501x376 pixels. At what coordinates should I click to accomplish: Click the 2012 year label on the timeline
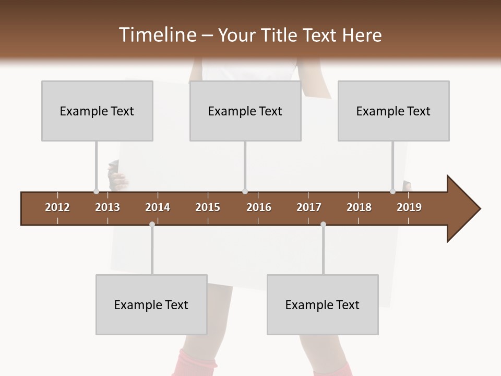coord(57,207)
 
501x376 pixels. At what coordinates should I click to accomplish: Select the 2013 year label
coord(108,207)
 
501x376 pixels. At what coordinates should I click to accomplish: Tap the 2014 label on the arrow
coord(158,207)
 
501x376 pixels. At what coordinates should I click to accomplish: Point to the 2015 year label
coord(208,207)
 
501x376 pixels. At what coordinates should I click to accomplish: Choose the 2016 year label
coord(259,207)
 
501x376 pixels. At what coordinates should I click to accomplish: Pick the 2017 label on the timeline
coord(309,207)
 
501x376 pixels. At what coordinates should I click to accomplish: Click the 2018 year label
coord(359,207)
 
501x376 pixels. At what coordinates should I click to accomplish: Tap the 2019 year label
coord(409,207)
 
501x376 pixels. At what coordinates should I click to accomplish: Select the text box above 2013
coord(97,111)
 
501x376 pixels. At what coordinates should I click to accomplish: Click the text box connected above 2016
coord(245,111)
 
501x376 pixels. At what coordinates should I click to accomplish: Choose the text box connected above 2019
coord(393,111)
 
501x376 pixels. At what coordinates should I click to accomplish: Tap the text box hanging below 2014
coord(151,304)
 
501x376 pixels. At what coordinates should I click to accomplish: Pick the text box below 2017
coord(323,304)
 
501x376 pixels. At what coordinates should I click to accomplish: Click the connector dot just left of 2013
coord(96,192)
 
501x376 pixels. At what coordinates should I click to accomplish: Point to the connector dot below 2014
coord(152,224)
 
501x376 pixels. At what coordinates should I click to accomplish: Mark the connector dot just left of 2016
coord(245,192)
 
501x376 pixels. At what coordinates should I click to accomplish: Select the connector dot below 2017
coord(323,224)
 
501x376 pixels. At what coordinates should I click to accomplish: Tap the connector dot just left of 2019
coord(393,192)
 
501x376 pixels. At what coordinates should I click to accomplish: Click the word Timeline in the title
coord(156,35)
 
